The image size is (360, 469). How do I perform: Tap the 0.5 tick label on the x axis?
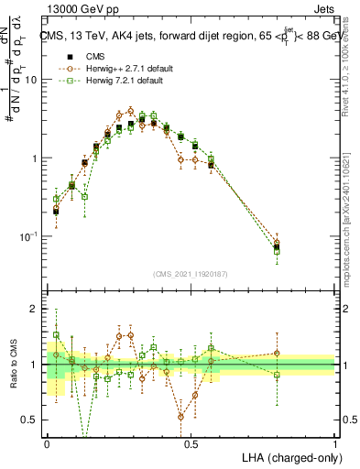(191, 443)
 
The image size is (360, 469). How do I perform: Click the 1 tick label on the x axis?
(334, 443)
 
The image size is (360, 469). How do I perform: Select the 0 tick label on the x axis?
(47, 443)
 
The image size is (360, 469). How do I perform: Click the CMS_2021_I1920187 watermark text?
(191, 273)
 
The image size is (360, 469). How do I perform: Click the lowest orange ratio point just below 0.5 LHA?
(180, 416)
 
